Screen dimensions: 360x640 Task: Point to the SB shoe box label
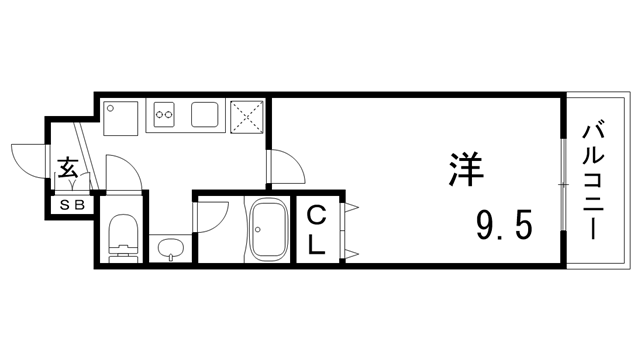tap(72, 206)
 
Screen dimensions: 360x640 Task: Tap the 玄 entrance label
tap(68, 169)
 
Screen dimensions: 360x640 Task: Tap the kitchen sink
tap(205, 115)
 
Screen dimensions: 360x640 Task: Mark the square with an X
tap(247, 116)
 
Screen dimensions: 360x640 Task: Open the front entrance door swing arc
tap(27, 160)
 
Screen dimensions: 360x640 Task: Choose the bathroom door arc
tap(212, 215)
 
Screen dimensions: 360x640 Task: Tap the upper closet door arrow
tap(351, 207)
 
